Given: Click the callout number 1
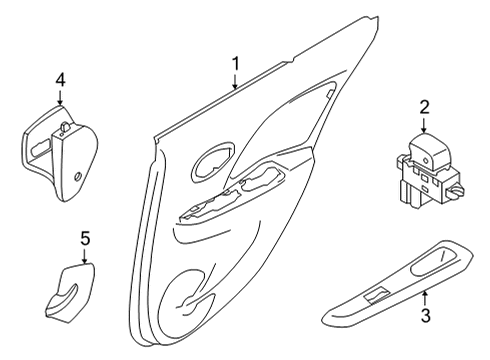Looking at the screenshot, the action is point(236,64).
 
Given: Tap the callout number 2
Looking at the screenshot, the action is point(424,108).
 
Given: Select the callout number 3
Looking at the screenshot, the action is point(425,315).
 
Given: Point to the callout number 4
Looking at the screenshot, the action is point(60,80).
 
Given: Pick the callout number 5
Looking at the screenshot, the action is point(85,239).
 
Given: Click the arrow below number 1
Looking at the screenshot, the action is point(236,82).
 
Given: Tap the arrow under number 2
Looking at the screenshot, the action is point(424,126).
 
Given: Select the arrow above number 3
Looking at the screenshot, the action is point(425,299).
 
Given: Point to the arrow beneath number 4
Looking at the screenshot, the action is point(60,98).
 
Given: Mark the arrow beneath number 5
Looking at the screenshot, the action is point(85,256).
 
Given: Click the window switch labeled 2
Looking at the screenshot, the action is point(428,172).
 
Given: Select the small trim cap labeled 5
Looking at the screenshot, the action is point(70,293).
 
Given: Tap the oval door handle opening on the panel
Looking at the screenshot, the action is point(214,162).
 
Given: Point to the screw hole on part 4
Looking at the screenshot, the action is point(78,176).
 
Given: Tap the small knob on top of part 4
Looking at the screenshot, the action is point(65,127).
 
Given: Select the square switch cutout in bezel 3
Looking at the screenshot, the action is point(376,296).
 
